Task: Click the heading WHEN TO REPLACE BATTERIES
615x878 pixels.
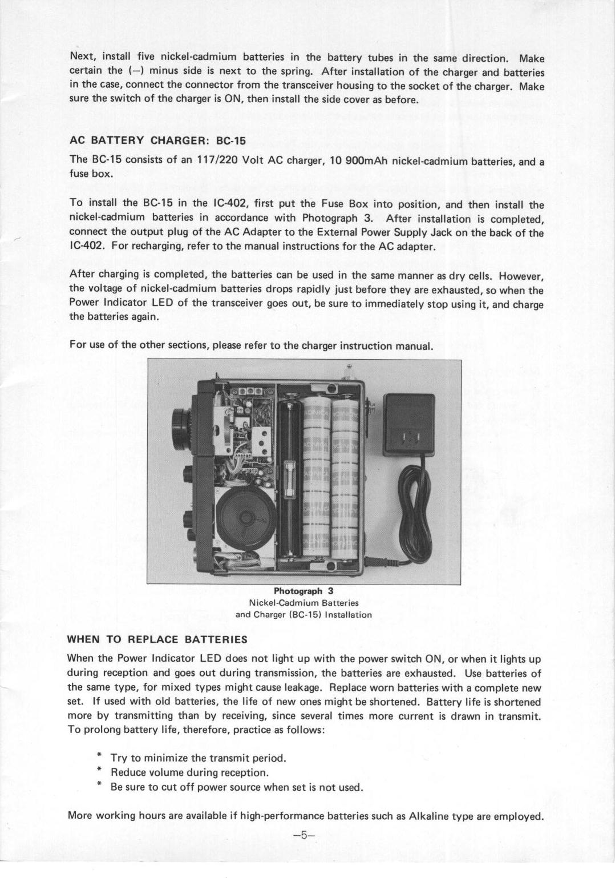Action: (x=157, y=639)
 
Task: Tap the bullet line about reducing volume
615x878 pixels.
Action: (x=189, y=772)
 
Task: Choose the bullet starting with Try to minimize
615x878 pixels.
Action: (x=197, y=758)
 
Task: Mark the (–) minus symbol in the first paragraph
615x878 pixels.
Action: (x=133, y=71)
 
